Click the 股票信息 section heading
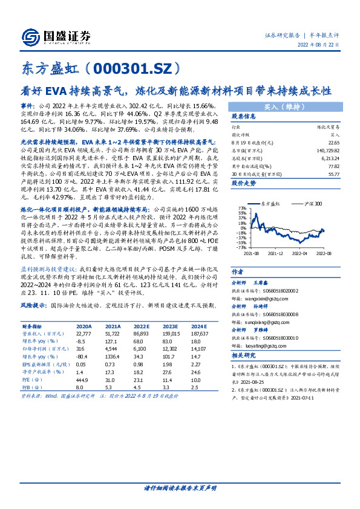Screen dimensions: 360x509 (x=244, y=117)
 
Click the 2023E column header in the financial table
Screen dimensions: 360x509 (x=171, y=325)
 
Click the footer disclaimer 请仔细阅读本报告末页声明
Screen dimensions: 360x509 (x=180, y=487)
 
